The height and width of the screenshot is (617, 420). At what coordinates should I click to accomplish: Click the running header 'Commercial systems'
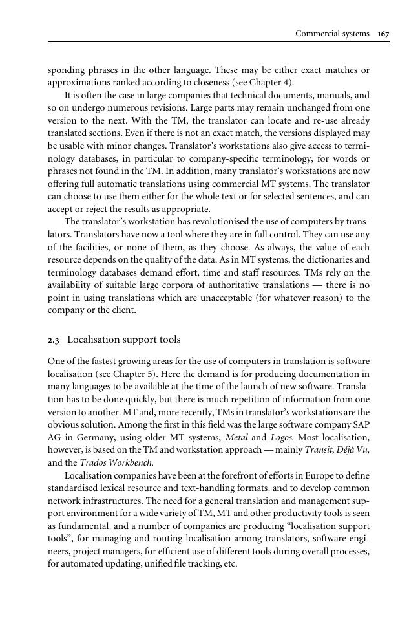tap(331, 33)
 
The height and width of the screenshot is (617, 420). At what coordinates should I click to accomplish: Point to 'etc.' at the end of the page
tap(229, 563)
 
